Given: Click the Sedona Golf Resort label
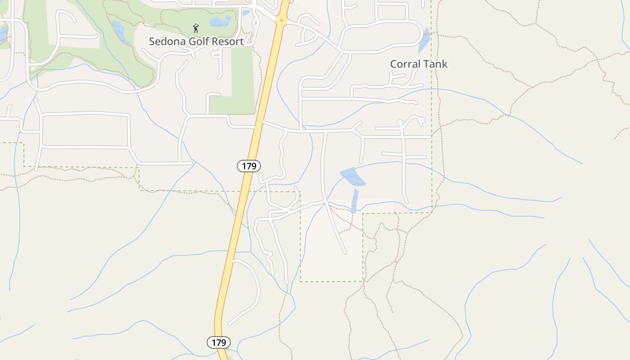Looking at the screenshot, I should pos(196,41).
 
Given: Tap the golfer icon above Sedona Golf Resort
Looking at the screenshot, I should pos(195,29).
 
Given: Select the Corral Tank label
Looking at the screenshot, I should pos(418,64).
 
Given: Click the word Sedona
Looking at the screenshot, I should pos(165,41).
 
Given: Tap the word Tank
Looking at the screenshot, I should pos(435,64).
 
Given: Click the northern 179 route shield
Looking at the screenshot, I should pos(249,166).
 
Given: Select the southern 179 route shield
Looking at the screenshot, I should pos(219,342).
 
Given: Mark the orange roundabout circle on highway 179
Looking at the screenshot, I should pos(282,20).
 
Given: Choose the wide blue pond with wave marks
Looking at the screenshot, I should pos(353,177).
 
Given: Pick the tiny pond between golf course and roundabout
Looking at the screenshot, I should pos(246,13).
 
